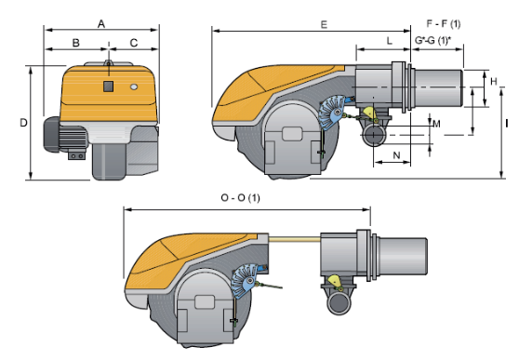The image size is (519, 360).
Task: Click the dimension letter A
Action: [101, 24]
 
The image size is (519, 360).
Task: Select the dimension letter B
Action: [75, 43]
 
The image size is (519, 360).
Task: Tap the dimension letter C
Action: [134, 43]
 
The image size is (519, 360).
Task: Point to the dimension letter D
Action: [23, 123]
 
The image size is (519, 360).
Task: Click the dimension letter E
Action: [324, 24]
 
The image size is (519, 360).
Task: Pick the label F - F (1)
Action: [444, 24]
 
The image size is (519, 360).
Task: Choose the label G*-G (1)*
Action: [432, 40]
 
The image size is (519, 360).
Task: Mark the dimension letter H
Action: [494, 81]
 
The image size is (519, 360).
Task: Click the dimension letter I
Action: [507, 124]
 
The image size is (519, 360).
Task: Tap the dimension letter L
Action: [390, 41]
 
